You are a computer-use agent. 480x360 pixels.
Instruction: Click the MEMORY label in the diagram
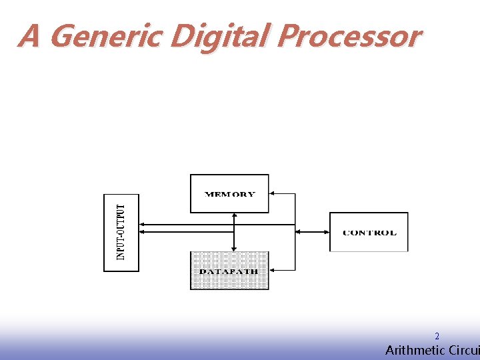click(229, 195)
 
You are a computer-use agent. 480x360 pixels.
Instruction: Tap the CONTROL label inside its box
click(369, 233)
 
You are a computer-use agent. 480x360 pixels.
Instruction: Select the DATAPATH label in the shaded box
click(229, 271)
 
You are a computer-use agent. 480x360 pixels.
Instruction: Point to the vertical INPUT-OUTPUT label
click(121, 232)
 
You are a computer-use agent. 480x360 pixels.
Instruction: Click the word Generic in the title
click(105, 36)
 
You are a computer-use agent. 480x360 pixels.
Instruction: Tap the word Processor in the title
click(349, 36)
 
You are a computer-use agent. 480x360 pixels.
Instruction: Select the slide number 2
click(437, 337)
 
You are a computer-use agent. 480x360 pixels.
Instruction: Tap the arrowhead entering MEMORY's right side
click(273, 193)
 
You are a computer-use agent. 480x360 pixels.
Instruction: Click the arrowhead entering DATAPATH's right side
click(273, 270)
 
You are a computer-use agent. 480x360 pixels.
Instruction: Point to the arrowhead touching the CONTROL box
click(326, 232)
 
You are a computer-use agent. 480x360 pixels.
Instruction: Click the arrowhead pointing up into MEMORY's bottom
click(234, 216)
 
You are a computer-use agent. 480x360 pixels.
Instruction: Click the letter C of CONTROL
click(345, 233)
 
